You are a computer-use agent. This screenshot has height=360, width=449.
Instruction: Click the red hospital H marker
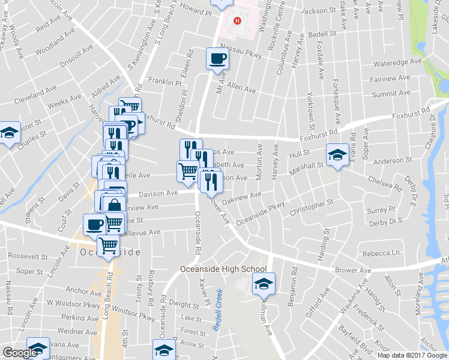(x=238, y=21)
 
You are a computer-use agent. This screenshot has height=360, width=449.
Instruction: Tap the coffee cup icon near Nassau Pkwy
(x=217, y=59)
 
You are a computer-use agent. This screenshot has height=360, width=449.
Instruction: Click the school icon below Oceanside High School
(x=264, y=283)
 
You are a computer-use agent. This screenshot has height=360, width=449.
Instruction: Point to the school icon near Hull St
(x=337, y=155)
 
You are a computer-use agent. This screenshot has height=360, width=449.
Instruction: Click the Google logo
(x=20, y=352)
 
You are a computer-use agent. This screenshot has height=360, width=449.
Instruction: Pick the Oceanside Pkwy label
(x=261, y=214)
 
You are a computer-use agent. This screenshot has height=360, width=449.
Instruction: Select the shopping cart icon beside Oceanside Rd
(x=187, y=170)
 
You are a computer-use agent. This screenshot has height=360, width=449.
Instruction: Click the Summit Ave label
(x=391, y=94)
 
